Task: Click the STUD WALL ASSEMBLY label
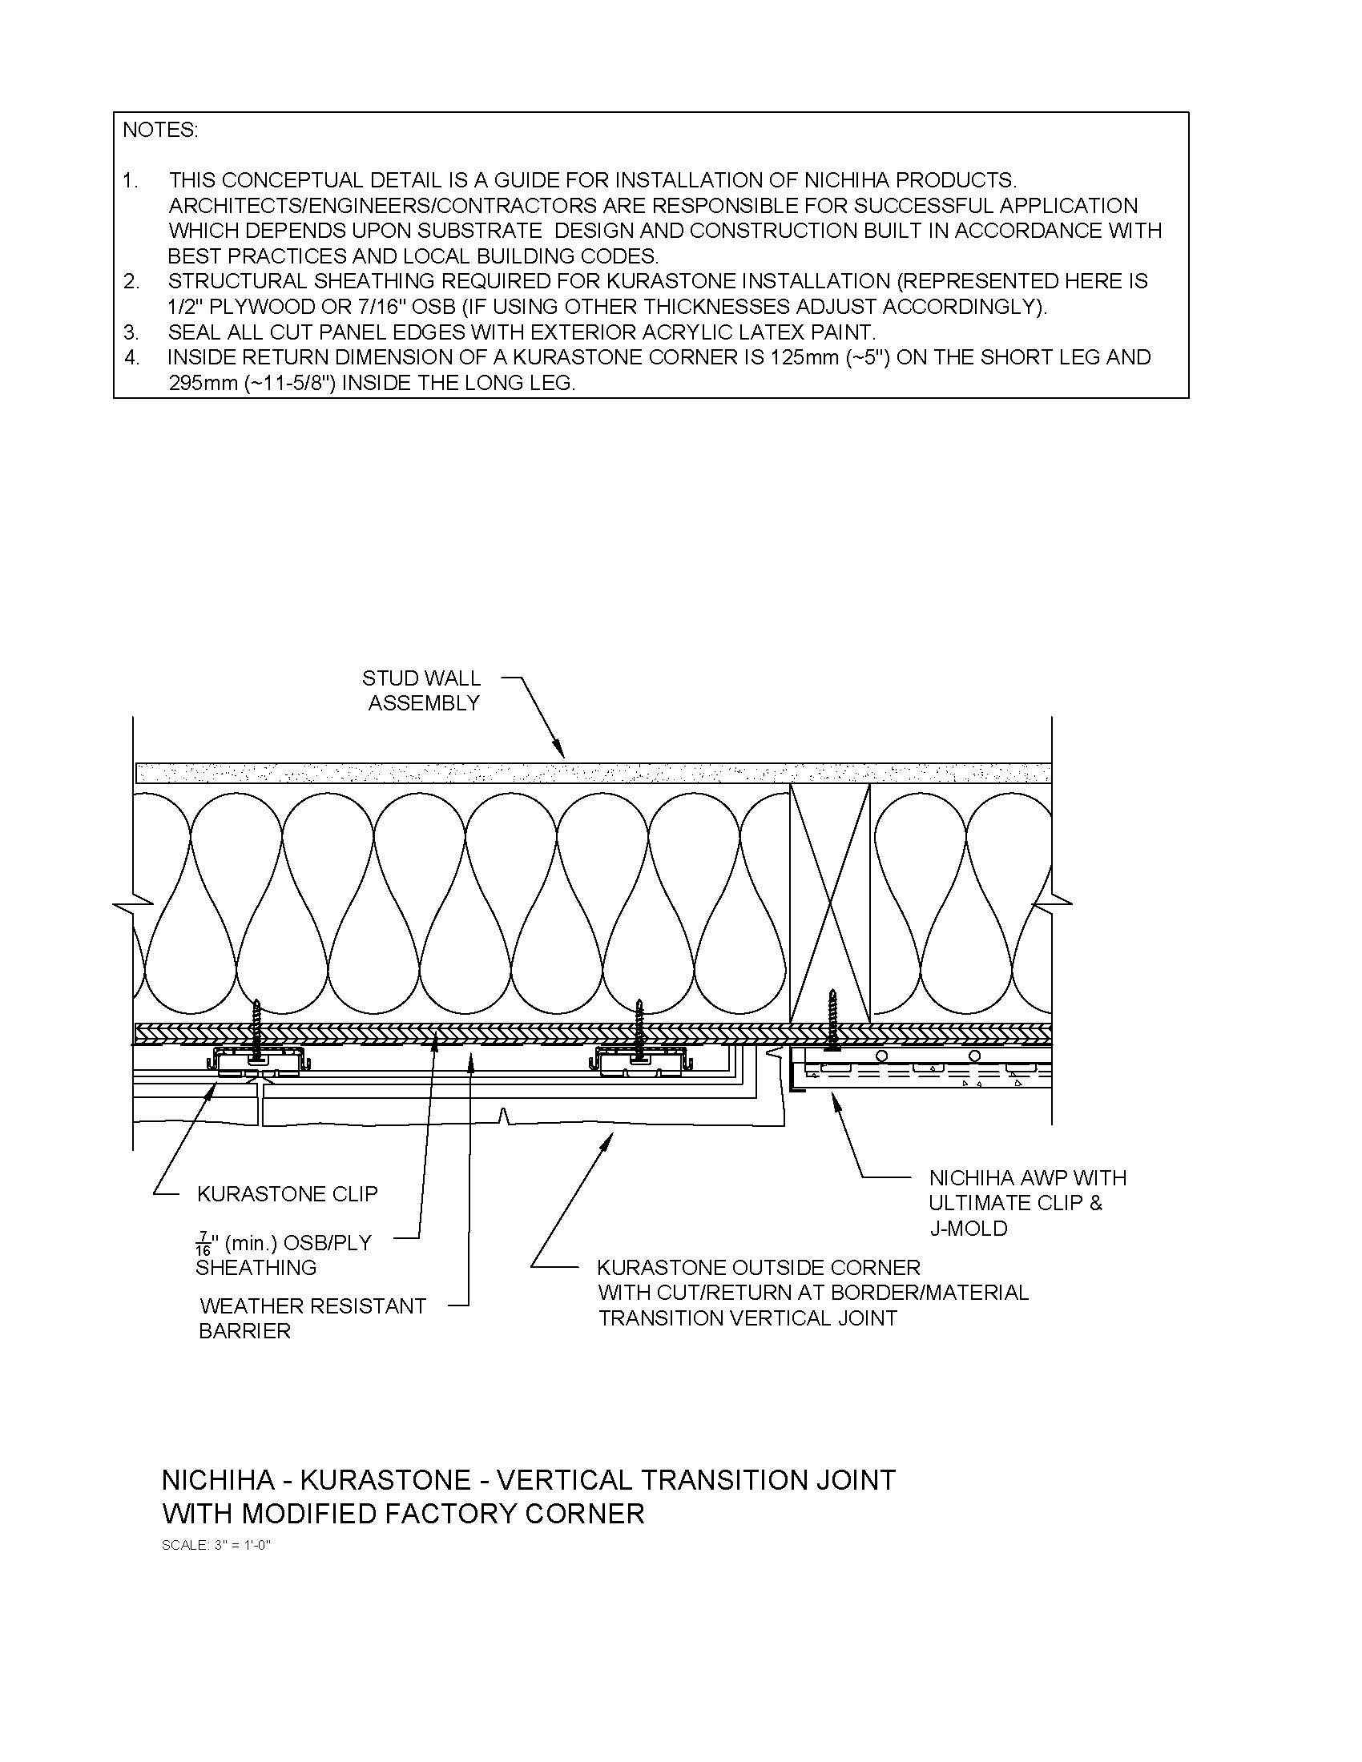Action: [422, 690]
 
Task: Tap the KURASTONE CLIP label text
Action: [288, 1193]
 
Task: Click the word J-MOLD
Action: [968, 1229]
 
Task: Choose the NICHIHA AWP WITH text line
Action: [1027, 1178]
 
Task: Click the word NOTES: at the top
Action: [159, 130]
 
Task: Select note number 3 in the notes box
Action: [131, 332]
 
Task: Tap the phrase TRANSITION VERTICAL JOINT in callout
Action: [747, 1318]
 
